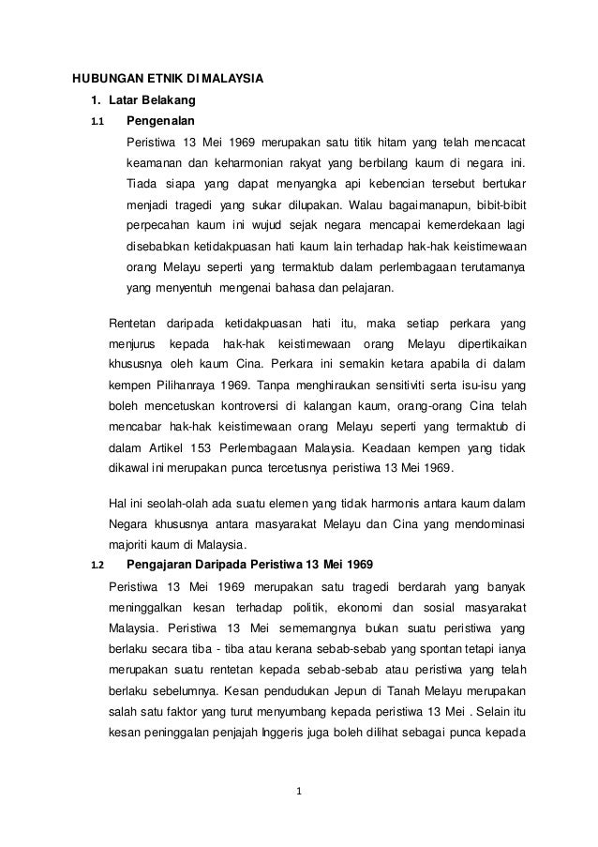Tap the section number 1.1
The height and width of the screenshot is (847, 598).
click(96, 121)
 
